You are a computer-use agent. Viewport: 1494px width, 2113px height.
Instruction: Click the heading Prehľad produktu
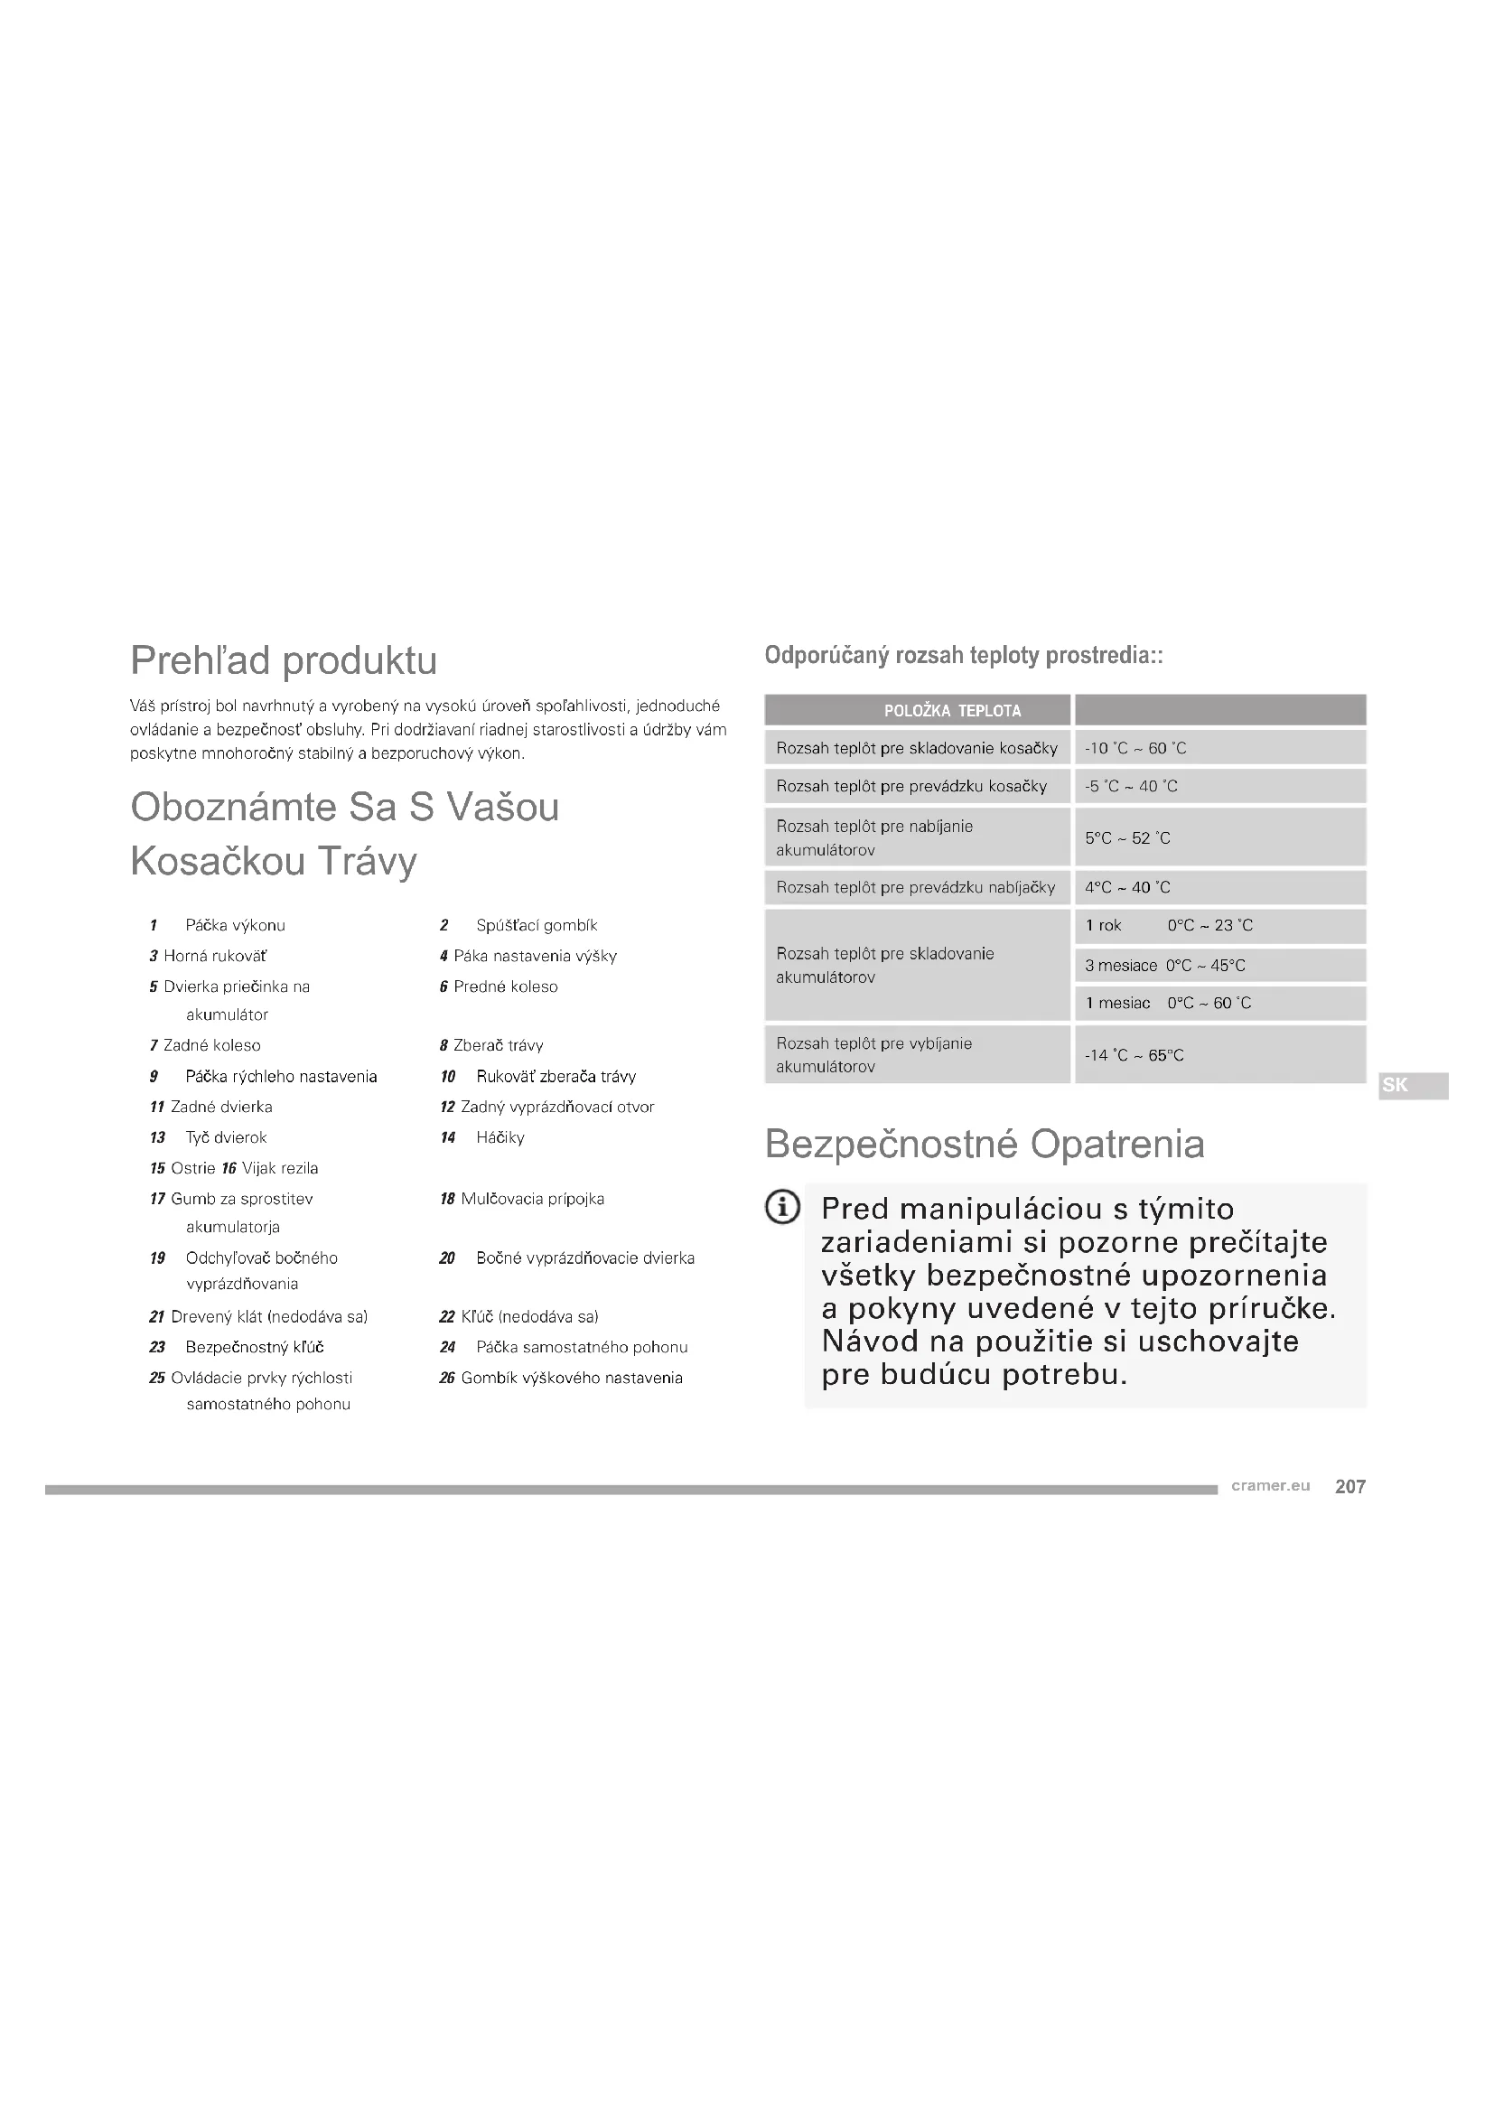click(x=284, y=660)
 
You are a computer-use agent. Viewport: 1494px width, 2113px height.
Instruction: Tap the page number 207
click(x=1349, y=1486)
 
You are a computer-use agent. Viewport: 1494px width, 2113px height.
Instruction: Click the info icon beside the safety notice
click(x=782, y=1208)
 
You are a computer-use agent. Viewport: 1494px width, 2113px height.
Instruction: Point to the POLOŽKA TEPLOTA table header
click(x=952, y=710)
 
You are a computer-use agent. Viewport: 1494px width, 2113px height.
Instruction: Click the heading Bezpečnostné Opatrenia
click(x=985, y=1144)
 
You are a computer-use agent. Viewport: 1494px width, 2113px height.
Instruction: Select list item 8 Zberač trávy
click(x=492, y=1045)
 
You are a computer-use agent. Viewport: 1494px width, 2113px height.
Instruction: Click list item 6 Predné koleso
click(x=499, y=986)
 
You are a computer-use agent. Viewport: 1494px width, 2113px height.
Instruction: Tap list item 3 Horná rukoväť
click(x=209, y=956)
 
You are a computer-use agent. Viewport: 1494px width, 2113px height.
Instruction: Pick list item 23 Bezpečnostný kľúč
click(x=238, y=1347)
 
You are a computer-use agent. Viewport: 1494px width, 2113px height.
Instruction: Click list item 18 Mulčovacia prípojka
click(x=521, y=1199)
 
